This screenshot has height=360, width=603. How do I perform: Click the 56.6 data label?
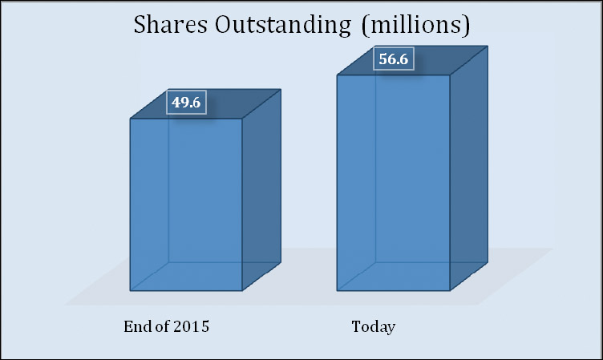pyautogui.click(x=393, y=60)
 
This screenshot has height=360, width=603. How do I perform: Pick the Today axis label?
pyautogui.click(x=374, y=327)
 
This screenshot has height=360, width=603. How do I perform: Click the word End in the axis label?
pyautogui.click(x=137, y=327)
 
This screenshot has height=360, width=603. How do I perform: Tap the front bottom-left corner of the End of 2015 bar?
pyautogui.click(x=131, y=290)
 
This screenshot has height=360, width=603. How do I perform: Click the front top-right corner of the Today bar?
pyautogui.click(x=450, y=76)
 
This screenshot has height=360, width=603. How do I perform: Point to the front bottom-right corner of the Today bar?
pyautogui.click(x=450, y=290)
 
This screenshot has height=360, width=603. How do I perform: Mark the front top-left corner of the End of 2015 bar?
pyautogui.click(x=131, y=119)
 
